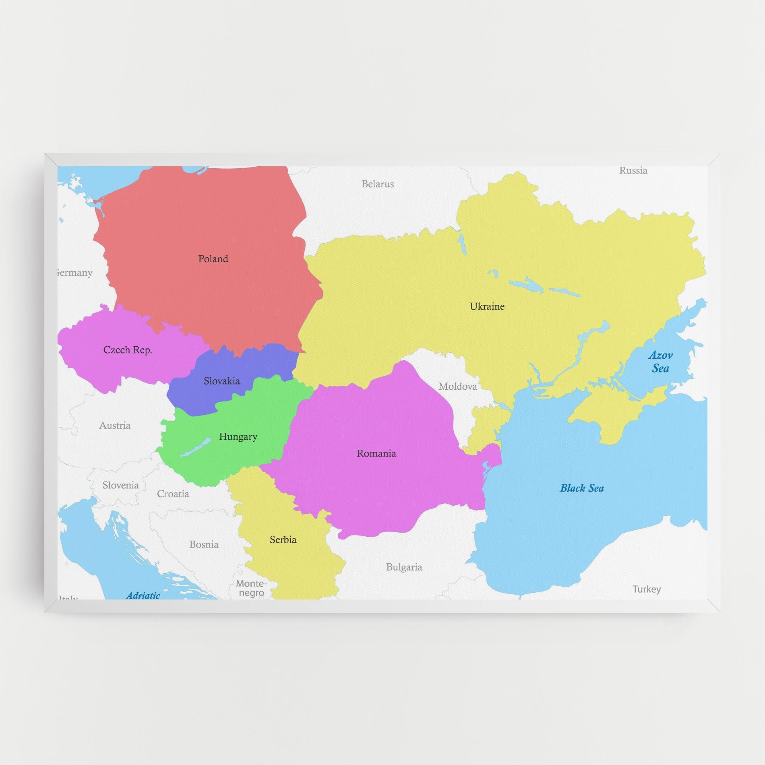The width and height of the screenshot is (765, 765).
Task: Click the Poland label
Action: pos(213,259)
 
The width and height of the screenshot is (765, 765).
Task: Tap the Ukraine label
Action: pos(487,306)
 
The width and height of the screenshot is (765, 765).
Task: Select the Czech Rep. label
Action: pos(128,350)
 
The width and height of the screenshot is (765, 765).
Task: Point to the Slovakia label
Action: pos(221,381)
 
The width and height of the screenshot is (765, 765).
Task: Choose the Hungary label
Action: pos(238,436)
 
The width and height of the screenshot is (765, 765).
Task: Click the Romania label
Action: pos(376,453)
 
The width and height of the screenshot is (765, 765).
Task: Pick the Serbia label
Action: pos(283,540)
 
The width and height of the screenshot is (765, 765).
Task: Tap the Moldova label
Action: pos(458,387)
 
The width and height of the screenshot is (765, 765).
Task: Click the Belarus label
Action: pos(378,184)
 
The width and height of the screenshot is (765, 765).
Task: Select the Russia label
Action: pos(633,171)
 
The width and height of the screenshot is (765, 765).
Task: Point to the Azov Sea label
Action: pos(660,362)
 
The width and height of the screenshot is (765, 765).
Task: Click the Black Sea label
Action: pos(582,488)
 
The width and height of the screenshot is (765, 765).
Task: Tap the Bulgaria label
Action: pos(404,567)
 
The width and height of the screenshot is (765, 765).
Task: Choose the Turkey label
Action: pos(647,589)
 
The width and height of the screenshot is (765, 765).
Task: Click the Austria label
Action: pos(115,426)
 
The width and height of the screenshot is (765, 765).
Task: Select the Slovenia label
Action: pos(120,485)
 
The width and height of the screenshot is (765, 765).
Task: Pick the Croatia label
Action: pos(173,494)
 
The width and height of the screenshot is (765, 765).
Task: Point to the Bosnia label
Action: pos(204,545)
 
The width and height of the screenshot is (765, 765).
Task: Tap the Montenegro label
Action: pos(251,588)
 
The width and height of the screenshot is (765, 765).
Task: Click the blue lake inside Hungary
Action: pos(195,447)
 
